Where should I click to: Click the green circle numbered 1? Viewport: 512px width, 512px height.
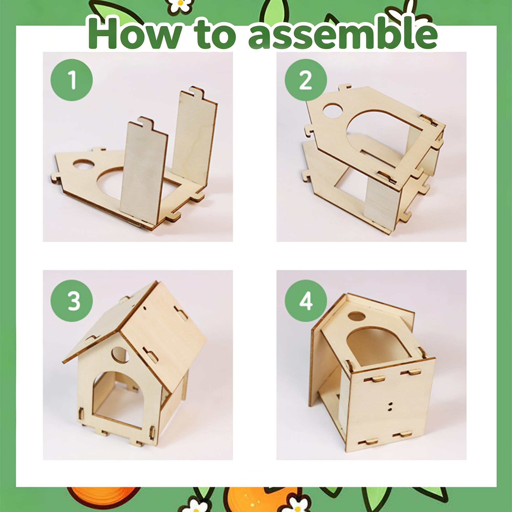click(x=72, y=80)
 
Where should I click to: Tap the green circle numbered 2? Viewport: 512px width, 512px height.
click(x=306, y=80)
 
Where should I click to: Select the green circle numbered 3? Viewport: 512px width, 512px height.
click(x=72, y=301)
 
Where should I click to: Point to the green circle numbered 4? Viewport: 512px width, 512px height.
click(x=306, y=301)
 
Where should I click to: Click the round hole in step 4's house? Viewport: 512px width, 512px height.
click(x=356, y=316)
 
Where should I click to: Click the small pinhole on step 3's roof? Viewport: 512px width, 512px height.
click(x=145, y=308)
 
